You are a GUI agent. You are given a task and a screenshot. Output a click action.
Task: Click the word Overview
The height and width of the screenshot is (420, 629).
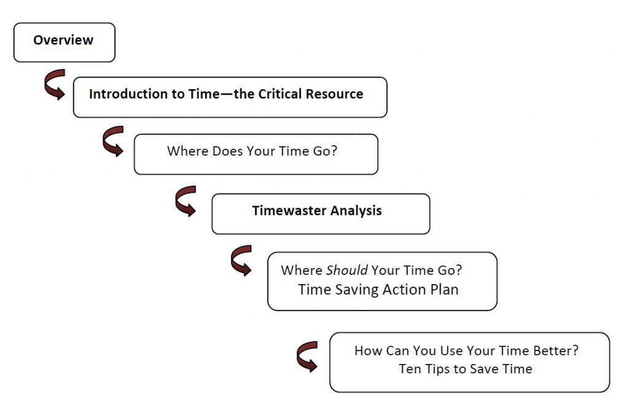tap(63, 40)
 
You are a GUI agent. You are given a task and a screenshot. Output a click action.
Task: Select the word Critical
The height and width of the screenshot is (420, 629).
tap(279, 94)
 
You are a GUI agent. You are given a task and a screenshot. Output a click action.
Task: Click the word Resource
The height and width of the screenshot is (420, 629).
tap(334, 94)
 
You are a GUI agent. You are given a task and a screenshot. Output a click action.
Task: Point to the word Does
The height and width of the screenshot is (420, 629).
tap(227, 151)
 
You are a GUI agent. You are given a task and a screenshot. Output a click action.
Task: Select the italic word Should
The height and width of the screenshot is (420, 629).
tap(346, 270)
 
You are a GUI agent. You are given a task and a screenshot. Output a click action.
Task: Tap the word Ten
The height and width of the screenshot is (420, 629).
tap(409, 368)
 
